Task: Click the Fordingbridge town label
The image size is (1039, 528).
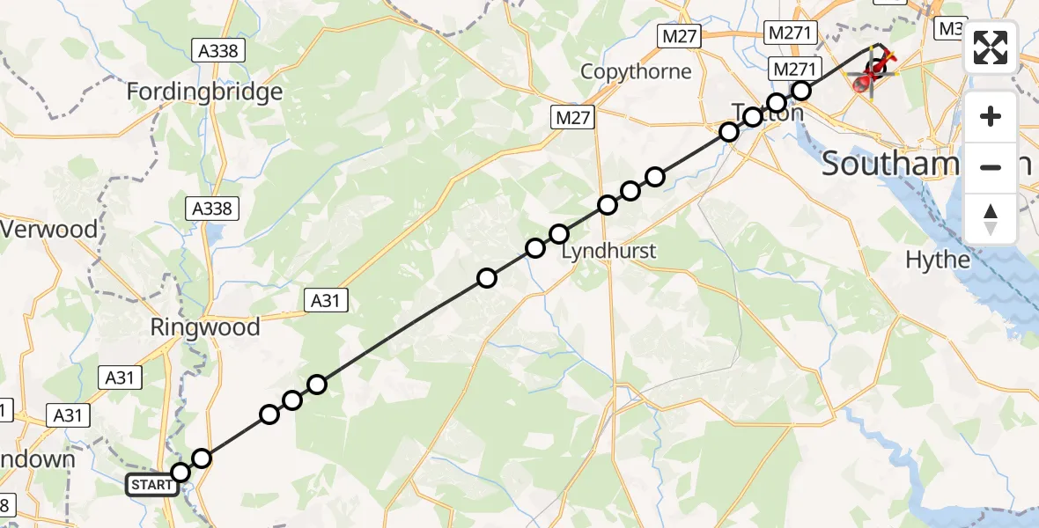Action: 204,92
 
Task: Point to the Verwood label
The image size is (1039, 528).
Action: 48,230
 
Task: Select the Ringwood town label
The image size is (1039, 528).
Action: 205,327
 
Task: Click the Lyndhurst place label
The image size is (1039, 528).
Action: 608,251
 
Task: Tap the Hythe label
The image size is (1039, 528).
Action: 938,260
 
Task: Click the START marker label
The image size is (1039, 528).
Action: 151,485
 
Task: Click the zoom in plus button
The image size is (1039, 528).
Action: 991,116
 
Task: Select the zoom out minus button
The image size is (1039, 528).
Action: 991,167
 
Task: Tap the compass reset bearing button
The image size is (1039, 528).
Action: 991,219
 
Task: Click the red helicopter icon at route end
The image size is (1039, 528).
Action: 871,75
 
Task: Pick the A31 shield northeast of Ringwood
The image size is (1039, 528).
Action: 326,301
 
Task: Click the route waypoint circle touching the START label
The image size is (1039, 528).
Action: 181,473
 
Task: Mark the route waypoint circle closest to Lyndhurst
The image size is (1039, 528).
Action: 559,234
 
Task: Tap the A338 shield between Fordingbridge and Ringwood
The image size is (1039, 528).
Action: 211,209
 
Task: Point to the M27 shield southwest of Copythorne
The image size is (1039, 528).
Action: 574,117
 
